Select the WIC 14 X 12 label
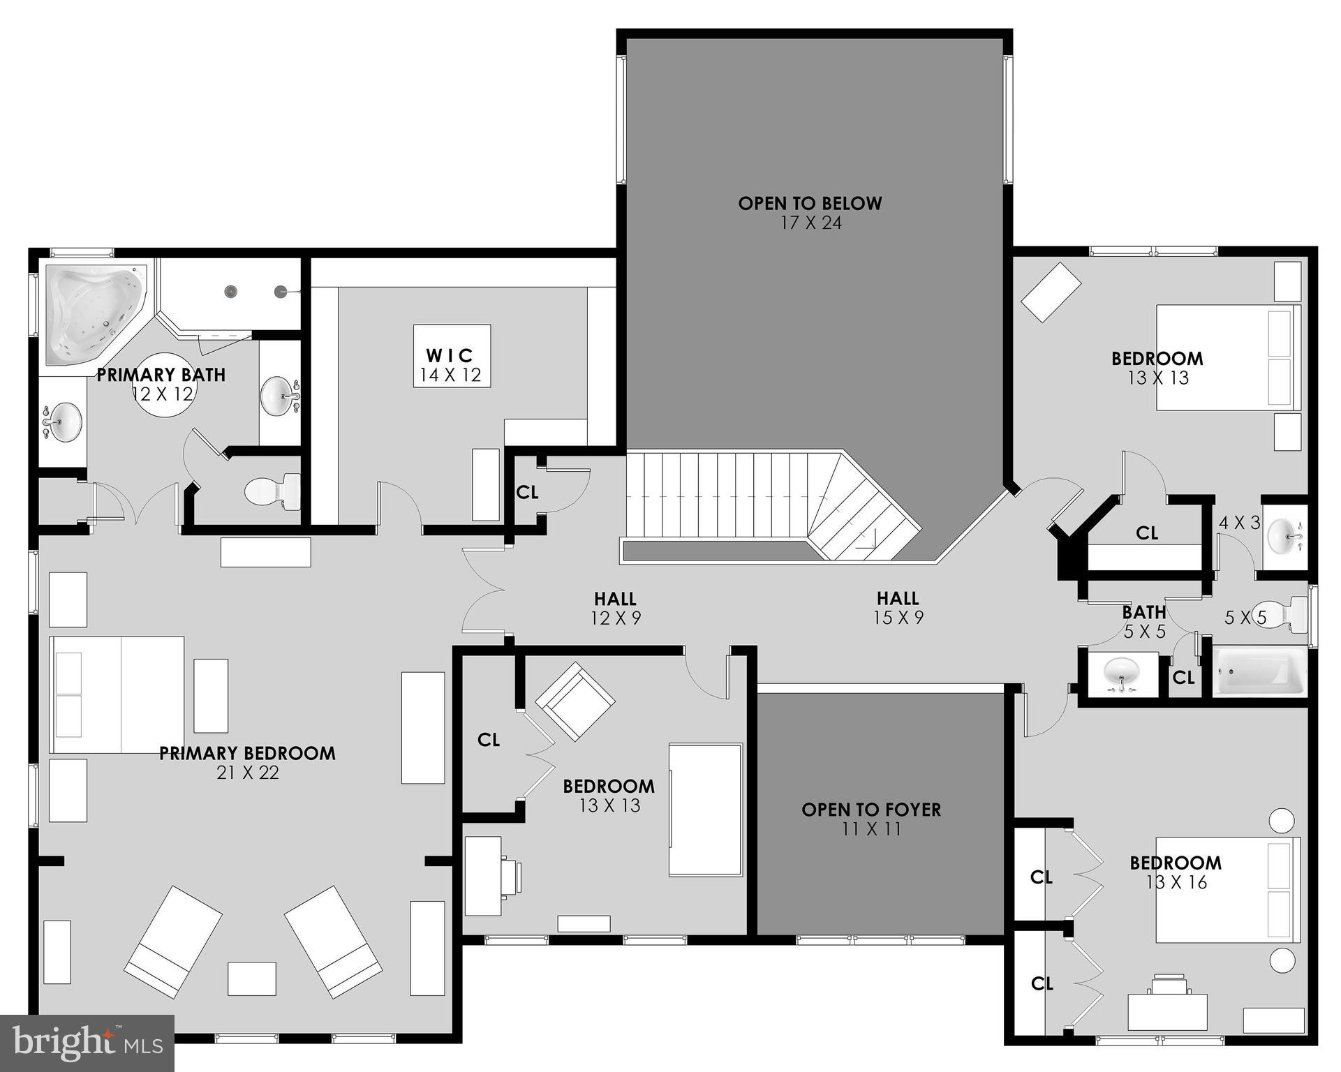[x=451, y=365]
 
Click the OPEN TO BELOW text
[x=810, y=204]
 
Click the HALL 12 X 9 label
[x=615, y=608]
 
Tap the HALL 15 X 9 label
[x=898, y=608]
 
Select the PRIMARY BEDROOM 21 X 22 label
[x=247, y=762]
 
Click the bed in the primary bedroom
[x=117, y=694]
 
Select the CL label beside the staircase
[x=527, y=493]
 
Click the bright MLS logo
[x=87, y=1043]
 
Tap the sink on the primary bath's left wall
[x=61, y=422]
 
